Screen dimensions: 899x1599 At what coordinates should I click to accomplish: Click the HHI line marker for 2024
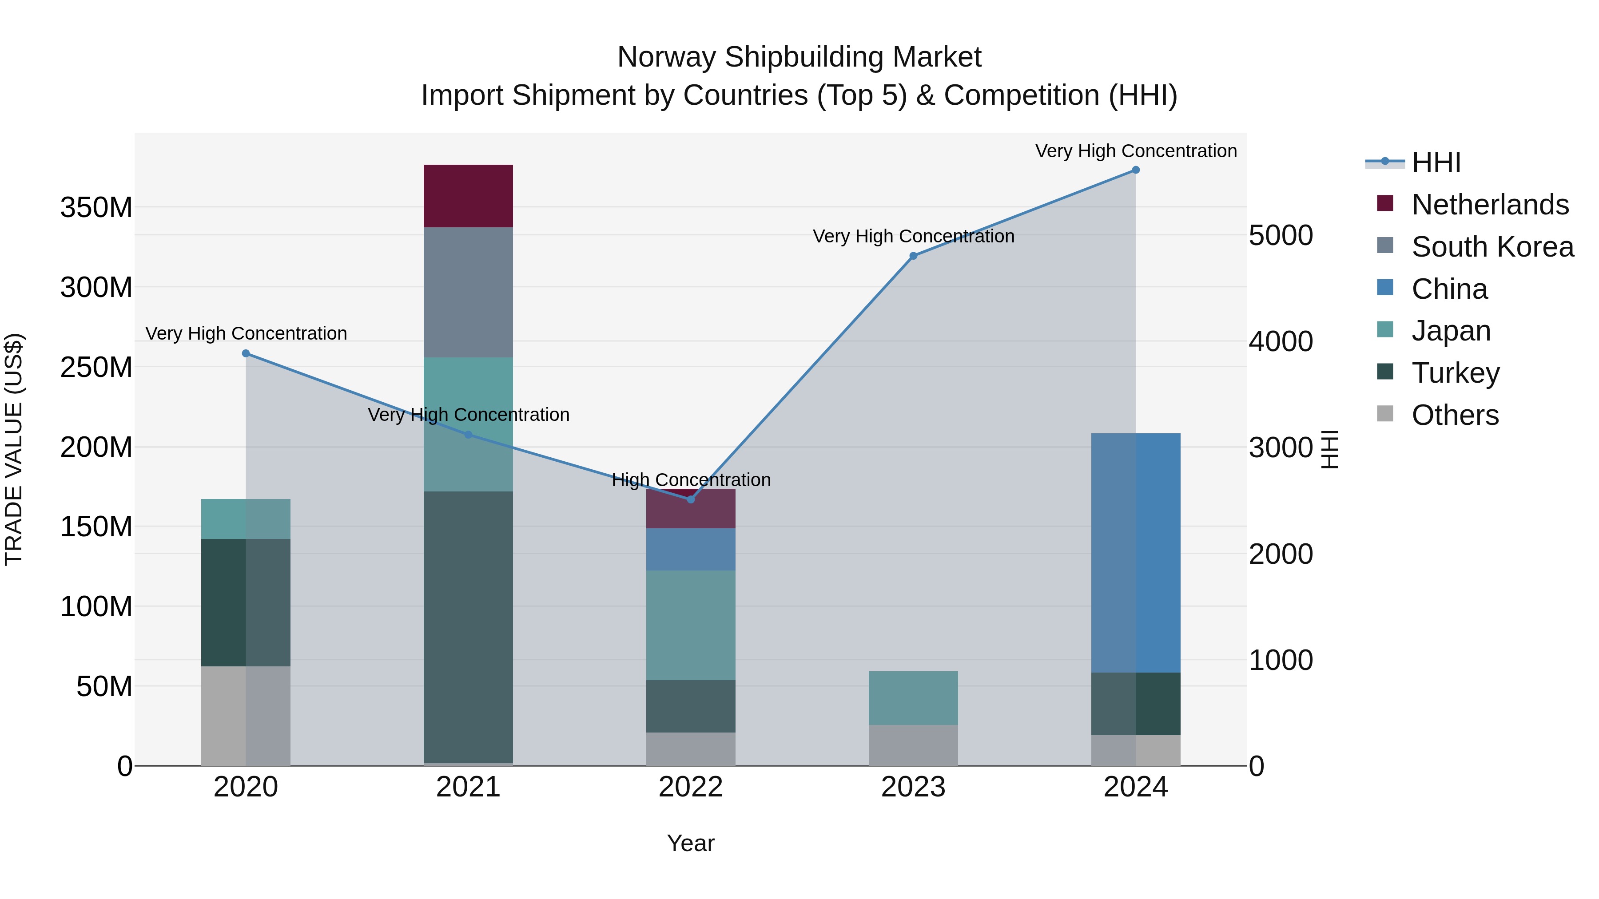coord(1135,170)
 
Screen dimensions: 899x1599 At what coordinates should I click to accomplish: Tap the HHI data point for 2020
coord(246,354)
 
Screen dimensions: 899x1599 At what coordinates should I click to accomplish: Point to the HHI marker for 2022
coord(691,499)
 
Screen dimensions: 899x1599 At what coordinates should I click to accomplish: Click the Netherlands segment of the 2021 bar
coord(468,196)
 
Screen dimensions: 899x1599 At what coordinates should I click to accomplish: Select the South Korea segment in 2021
coord(468,292)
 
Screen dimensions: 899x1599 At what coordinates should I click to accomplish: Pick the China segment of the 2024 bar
coord(1136,552)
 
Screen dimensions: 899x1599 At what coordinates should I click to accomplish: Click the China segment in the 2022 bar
coord(691,549)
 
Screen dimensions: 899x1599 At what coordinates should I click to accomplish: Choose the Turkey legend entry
coord(1455,373)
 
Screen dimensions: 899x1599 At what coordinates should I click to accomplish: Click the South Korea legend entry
coord(1492,247)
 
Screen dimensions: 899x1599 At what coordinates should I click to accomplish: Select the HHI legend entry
coord(1435,162)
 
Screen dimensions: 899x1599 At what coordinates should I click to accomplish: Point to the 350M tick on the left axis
coord(96,207)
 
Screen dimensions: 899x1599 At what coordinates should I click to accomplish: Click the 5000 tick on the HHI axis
coord(1281,236)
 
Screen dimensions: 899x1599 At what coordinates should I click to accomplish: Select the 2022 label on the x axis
coord(691,787)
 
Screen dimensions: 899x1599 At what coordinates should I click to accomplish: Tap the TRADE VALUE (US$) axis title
coord(14,449)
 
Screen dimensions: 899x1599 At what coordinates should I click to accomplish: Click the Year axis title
coord(691,843)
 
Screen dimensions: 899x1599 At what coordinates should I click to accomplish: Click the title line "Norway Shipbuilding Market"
coord(799,57)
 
